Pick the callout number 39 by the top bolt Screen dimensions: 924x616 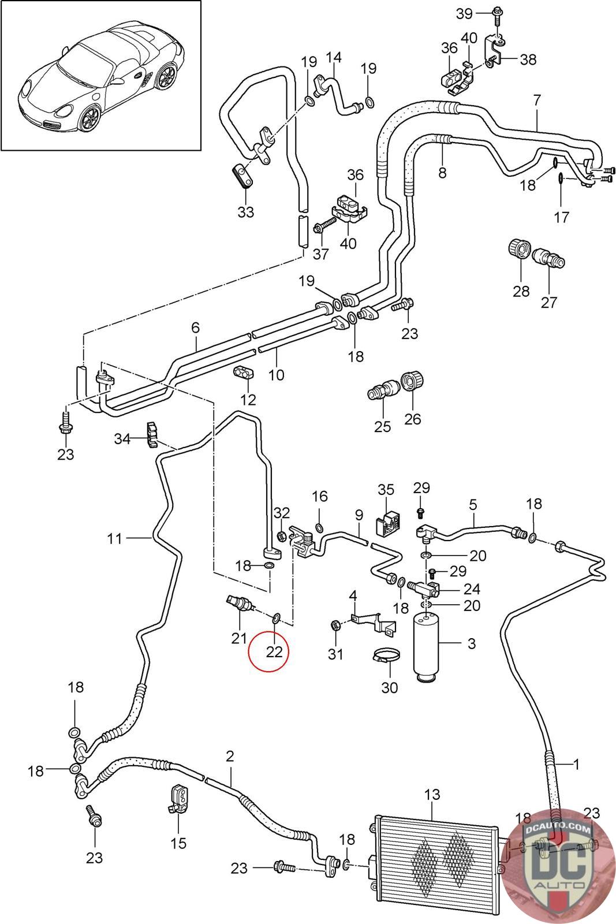(x=465, y=13)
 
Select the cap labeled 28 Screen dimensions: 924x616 (x=518, y=249)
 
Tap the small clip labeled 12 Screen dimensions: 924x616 (x=244, y=372)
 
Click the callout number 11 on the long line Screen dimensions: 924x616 (x=115, y=538)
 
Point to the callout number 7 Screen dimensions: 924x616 (x=537, y=99)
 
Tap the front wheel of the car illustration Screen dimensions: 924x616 (x=91, y=118)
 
